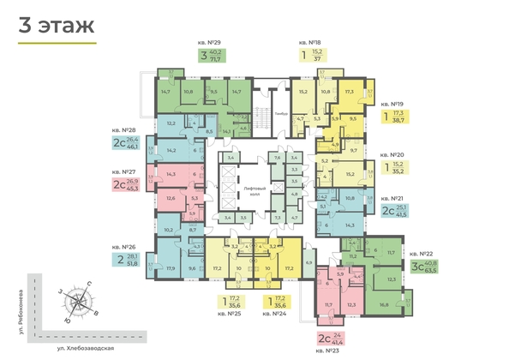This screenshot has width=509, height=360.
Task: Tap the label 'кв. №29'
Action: (211, 42)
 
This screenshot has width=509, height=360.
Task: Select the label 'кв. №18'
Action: (310, 42)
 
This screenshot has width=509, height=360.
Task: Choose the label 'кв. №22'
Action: (421, 254)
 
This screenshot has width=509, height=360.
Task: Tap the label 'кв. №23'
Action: (327, 351)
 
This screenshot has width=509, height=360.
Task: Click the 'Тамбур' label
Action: (281, 111)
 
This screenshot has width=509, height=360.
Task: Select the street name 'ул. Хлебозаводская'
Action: (81, 350)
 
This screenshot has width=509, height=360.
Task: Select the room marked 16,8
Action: (385, 304)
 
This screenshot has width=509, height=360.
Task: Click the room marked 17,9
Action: (171, 268)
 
